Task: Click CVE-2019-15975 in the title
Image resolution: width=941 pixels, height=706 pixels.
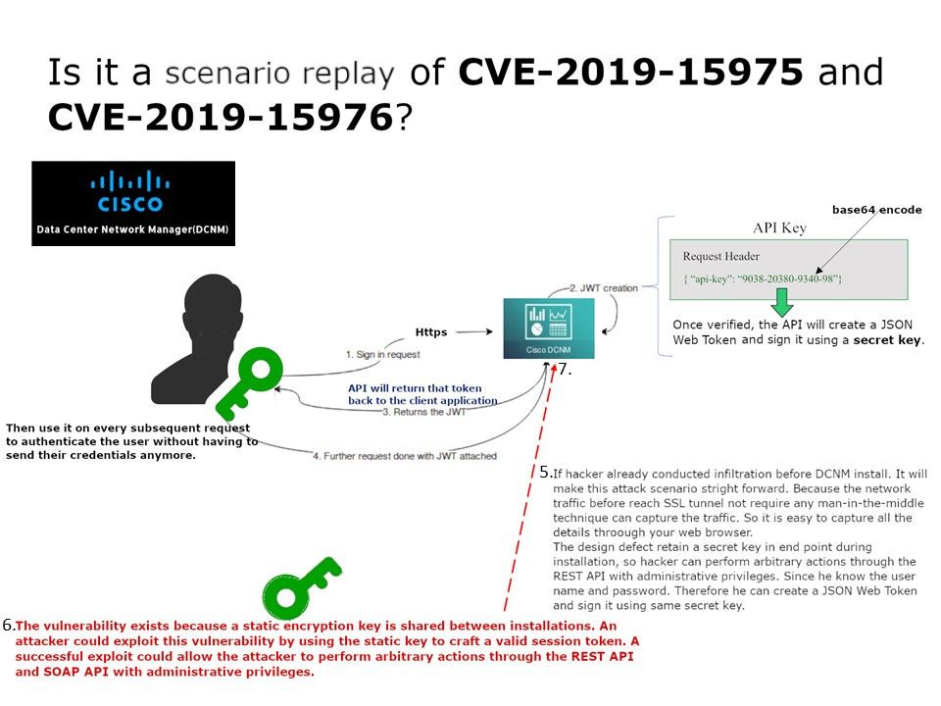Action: point(630,72)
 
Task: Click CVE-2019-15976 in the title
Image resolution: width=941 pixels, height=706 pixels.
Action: point(221,117)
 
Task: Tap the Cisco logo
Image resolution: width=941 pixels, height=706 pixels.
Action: point(129,192)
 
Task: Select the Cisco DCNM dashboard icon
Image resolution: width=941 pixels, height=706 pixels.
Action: point(549,328)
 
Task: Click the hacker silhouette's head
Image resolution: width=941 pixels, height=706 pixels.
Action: point(213,309)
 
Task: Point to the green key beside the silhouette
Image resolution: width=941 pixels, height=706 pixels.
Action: point(248,383)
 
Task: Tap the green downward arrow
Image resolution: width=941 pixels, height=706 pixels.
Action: point(781,302)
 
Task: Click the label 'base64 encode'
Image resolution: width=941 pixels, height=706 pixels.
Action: point(876,210)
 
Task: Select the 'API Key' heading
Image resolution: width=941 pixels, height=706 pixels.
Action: point(779,227)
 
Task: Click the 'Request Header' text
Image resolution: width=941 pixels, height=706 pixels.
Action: point(720,256)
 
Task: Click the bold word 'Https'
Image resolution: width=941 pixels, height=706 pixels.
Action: point(431,332)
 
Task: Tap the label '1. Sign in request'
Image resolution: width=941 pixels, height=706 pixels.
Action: point(382,354)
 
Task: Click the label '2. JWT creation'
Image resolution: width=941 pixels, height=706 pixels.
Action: point(603,288)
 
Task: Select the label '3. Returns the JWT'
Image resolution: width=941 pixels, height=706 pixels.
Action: point(423,412)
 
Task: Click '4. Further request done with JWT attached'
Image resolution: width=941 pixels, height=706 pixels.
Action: point(405,456)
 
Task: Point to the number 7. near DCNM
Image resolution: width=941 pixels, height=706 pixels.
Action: point(565,370)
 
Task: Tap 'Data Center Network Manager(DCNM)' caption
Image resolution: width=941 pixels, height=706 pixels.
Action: point(132,229)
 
